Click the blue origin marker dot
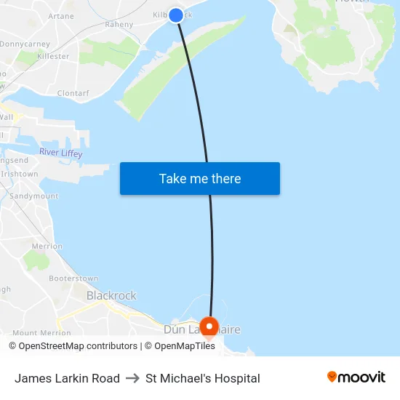[x=176, y=15]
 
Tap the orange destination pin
[x=209, y=327]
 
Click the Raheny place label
[x=119, y=25]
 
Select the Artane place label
[x=60, y=16]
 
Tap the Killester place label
[x=53, y=57]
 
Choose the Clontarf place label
[x=72, y=94]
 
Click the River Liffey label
[x=60, y=153]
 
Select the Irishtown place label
[x=20, y=175]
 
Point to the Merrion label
[x=47, y=247]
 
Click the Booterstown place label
[x=73, y=279]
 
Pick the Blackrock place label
[x=111, y=296]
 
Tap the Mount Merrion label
[x=41, y=333]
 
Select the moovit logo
[x=356, y=377]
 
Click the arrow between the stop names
[x=132, y=378]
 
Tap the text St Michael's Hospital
[x=202, y=378]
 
